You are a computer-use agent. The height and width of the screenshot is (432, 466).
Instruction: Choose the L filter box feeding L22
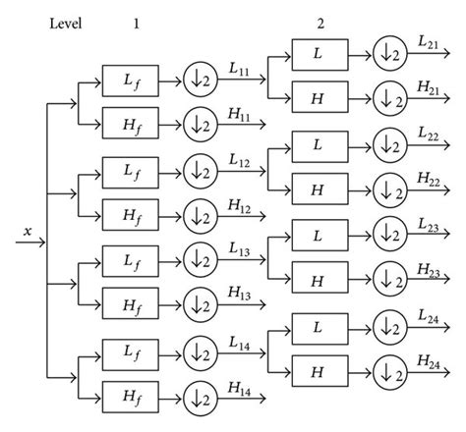tap(317, 144)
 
